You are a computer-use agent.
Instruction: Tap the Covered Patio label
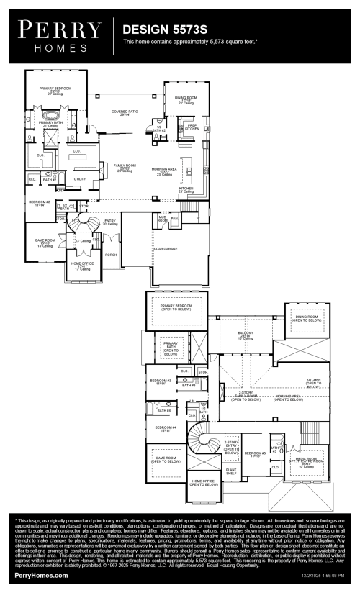(125, 114)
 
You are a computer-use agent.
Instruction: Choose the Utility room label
(80, 178)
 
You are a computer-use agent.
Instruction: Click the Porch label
(111, 254)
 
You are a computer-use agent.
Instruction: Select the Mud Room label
(163, 219)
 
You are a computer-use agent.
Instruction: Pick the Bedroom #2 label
(40, 204)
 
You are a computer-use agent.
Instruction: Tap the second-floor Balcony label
(245, 335)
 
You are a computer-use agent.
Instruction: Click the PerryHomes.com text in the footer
(42, 576)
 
